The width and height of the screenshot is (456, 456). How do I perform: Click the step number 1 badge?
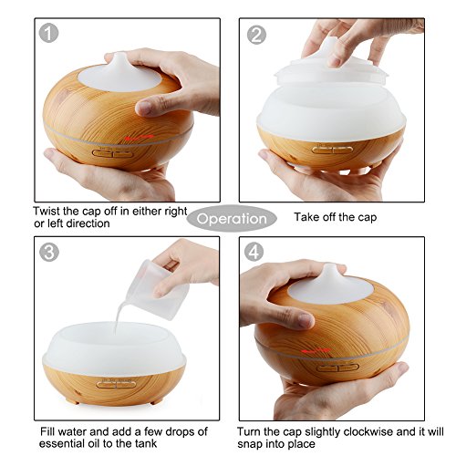pos(48,33)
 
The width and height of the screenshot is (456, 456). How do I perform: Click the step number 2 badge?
pos(256,35)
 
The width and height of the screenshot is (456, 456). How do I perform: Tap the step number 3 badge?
pos(48,252)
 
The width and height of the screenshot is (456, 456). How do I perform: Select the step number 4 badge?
pos(254,252)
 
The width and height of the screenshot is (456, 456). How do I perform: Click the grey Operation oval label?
pos(232,219)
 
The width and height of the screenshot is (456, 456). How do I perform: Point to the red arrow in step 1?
pos(140,138)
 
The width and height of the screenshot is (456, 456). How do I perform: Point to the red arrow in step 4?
pos(316,351)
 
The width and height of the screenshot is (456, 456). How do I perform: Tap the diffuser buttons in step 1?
pos(113,154)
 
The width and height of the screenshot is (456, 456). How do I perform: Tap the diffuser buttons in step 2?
pos(333,150)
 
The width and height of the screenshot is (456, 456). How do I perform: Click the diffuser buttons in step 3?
pos(116,385)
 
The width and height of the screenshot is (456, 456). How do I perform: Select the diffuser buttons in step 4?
pos(338,368)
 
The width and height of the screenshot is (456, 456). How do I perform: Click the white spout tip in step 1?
pos(119,55)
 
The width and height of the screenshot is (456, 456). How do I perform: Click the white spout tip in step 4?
pos(330,266)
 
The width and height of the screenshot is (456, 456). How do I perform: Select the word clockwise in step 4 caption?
pos(368,431)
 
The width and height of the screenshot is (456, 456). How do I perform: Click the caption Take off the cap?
pos(336,217)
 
